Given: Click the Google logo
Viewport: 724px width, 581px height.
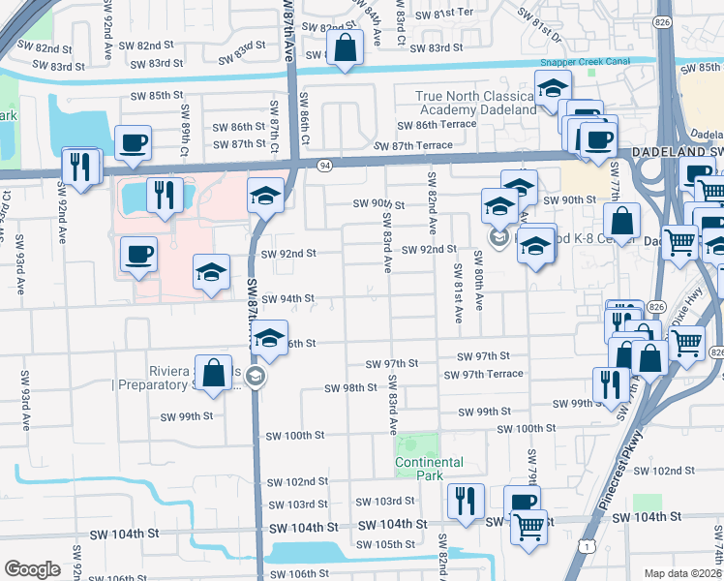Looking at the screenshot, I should point(32,569).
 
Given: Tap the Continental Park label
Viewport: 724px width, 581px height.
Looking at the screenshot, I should point(429,469).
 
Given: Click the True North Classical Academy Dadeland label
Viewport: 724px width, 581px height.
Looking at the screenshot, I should point(475,103).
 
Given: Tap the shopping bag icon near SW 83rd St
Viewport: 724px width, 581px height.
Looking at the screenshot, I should point(345,47).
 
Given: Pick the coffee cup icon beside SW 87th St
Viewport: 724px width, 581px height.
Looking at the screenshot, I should point(133,143).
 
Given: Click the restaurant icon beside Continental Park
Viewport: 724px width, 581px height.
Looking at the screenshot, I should point(466,501).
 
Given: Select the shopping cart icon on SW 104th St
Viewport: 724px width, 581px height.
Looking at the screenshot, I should point(528,527).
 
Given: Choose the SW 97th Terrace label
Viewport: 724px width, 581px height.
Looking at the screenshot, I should point(483,374).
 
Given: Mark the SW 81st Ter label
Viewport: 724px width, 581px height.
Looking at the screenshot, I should point(443,13).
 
